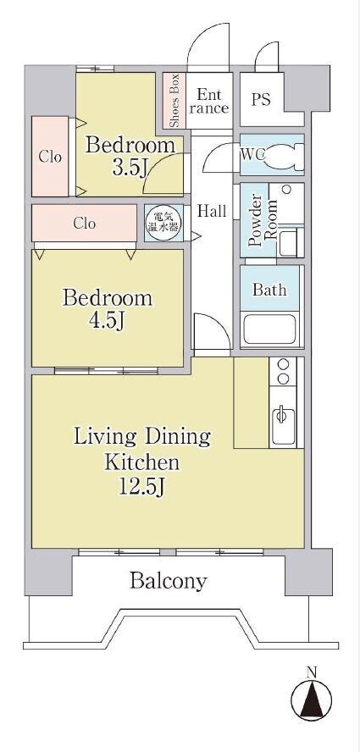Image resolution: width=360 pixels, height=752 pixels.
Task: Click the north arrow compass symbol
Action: tap(312, 697)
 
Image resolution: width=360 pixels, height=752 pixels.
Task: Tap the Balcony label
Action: tap(169, 581)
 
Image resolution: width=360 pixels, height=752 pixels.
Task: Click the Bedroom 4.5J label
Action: tap(107, 310)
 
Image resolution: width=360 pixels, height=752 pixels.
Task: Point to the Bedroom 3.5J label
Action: tap(130, 156)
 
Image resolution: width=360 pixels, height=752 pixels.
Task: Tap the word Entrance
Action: tap(208, 101)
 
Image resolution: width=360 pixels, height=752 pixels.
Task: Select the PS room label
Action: tap(261, 99)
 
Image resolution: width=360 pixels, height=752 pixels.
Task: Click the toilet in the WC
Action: tap(283, 156)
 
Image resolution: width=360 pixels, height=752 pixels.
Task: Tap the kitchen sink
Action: tap(283, 423)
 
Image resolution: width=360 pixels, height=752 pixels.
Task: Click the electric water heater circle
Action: tap(164, 223)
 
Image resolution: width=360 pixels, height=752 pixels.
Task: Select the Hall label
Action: tap(212, 211)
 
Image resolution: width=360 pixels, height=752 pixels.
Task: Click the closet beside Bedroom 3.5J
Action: tap(51, 157)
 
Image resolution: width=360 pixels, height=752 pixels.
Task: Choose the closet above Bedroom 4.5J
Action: tap(85, 224)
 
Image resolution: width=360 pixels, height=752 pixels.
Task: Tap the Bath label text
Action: tap(269, 290)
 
